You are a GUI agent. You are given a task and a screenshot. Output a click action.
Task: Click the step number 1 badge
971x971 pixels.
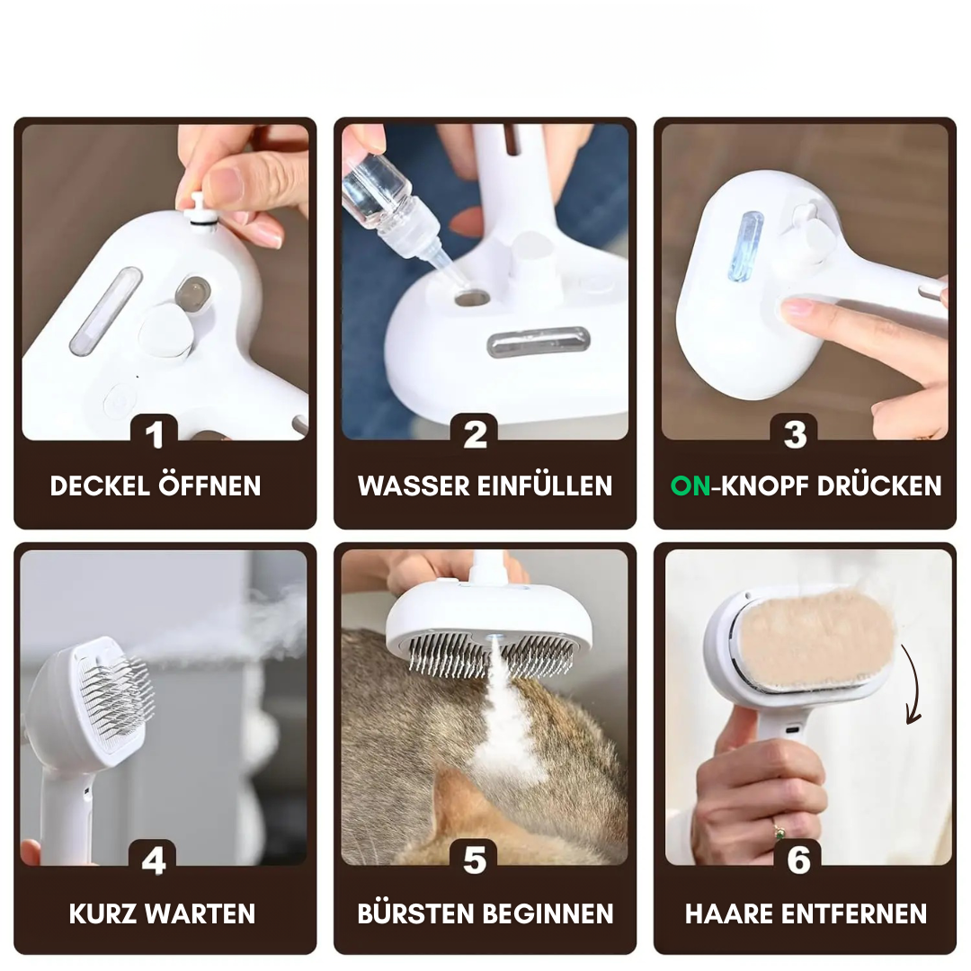pyautogui.click(x=155, y=433)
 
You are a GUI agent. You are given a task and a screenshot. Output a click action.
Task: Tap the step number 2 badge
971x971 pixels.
pyautogui.click(x=475, y=433)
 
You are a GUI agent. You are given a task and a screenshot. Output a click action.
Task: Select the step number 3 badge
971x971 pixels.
pyautogui.click(x=795, y=433)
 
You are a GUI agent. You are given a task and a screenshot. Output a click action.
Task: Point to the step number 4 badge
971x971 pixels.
pyautogui.click(x=153, y=860)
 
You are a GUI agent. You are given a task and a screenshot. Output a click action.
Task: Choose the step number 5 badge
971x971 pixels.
pyautogui.click(x=475, y=860)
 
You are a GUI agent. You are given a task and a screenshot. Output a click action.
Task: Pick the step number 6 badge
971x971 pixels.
pyautogui.click(x=798, y=860)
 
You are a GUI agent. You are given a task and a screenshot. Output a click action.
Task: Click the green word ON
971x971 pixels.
pyautogui.click(x=690, y=486)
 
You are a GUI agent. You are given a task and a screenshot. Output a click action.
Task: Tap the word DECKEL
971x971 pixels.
pyautogui.click(x=100, y=486)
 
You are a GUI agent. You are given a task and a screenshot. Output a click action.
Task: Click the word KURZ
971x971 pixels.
pyautogui.click(x=102, y=914)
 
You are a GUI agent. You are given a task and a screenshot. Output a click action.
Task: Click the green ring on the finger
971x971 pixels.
pyautogui.click(x=779, y=832)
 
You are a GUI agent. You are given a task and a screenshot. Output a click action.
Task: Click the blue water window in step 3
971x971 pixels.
pyautogui.click(x=744, y=245)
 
